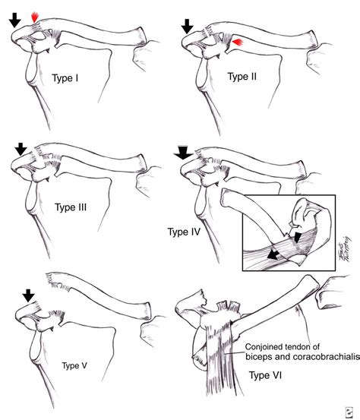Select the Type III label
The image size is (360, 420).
pyautogui.click(x=72, y=205)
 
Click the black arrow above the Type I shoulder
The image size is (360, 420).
pyautogui.click(x=14, y=19)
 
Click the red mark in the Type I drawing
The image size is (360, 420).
pyautogui.click(x=34, y=16)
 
